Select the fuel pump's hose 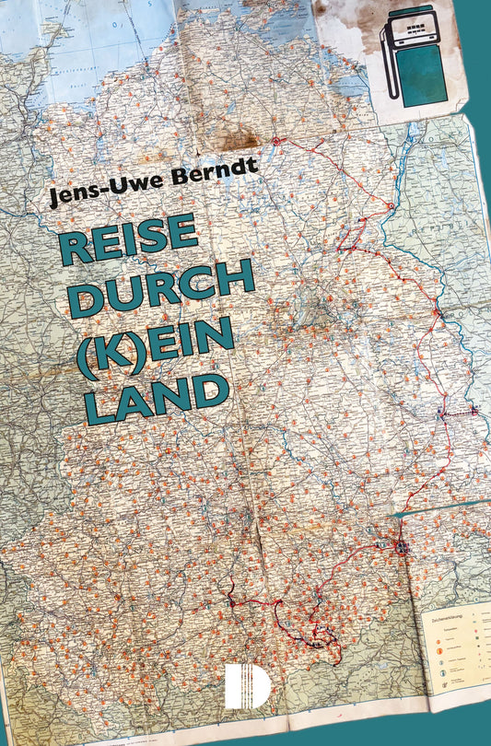point(390,64)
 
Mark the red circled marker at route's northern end point(275,141)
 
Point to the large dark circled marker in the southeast point(401,547)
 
